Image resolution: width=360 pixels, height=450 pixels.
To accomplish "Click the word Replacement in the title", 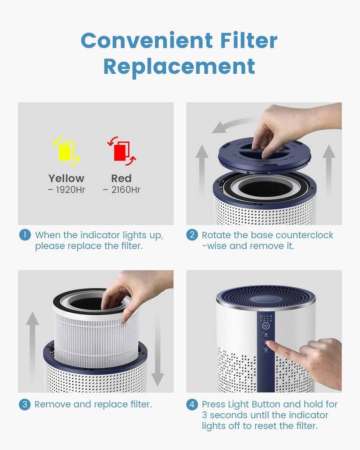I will [179, 66].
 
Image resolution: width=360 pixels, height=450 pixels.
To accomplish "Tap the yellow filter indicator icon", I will [66, 151].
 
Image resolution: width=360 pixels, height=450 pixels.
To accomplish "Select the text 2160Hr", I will [125, 190].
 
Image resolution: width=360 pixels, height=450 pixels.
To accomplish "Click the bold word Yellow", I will [66, 178].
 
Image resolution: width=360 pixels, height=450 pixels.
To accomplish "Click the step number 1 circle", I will [25, 235].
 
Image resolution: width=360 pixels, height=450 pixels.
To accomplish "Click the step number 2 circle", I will [192, 235].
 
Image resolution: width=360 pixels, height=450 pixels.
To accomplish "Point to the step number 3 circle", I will [25, 404].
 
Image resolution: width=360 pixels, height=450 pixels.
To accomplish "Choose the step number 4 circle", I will [192, 404].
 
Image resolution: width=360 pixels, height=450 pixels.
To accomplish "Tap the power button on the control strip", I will [266, 326].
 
